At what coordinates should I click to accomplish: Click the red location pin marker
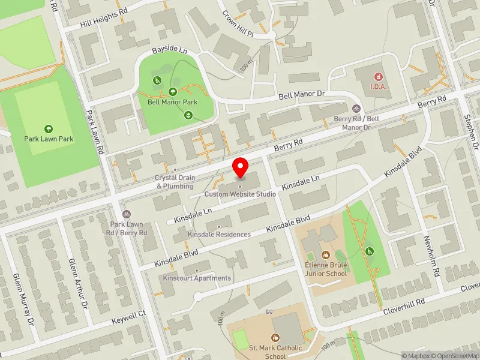(x=241, y=167)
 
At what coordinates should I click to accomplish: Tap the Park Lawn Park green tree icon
(x=49, y=128)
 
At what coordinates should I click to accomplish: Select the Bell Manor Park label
(x=173, y=102)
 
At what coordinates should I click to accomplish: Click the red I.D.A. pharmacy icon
(x=378, y=76)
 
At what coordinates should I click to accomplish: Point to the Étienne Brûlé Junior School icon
(x=326, y=255)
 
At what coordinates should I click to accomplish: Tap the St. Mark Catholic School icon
(x=275, y=338)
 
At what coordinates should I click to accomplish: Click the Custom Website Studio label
(x=240, y=194)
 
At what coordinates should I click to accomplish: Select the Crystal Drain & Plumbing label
(x=174, y=182)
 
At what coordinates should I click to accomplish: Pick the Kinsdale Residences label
(x=219, y=234)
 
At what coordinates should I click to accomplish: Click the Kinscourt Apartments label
(x=197, y=278)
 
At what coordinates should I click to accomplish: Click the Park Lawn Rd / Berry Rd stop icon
(x=126, y=214)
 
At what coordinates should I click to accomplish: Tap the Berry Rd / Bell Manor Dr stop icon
(x=356, y=109)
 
